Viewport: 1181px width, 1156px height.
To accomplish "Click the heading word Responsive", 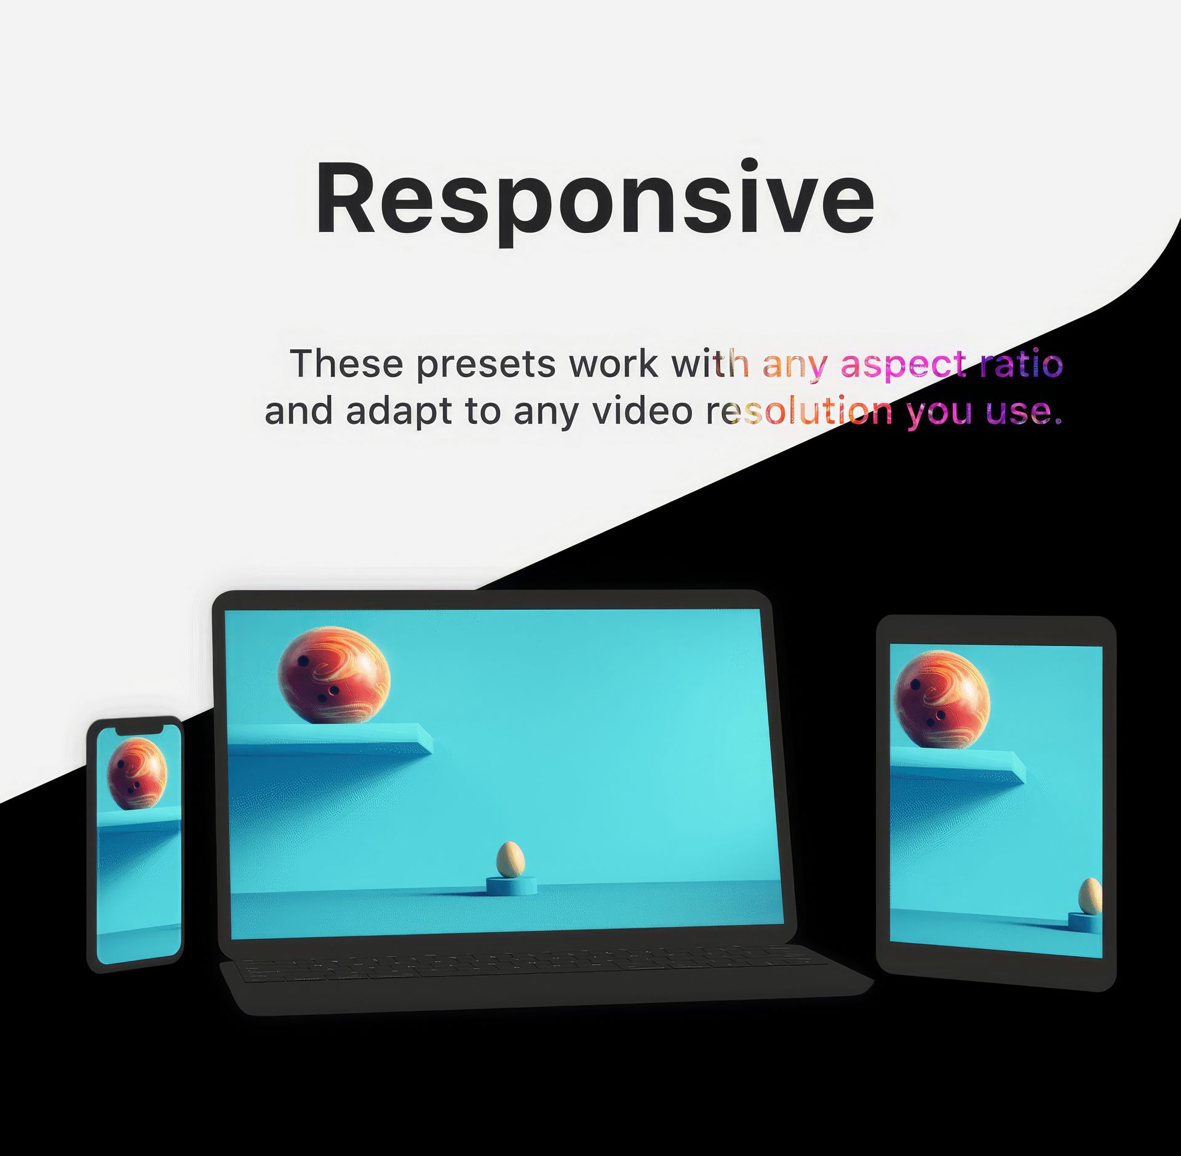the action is click(x=595, y=199).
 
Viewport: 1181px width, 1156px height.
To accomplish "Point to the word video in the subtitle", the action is click(x=642, y=410).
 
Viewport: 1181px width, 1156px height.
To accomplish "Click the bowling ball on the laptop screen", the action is click(x=334, y=675).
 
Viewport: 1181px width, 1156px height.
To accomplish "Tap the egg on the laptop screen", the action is click(x=510, y=859).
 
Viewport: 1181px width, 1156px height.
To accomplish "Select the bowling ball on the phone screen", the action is click(x=137, y=773).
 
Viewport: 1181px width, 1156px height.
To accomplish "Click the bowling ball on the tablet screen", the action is click(x=941, y=700).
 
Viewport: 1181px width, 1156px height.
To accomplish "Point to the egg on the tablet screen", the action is click(x=1091, y=896).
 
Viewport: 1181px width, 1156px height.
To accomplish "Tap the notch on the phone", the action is click(x=140, y=729).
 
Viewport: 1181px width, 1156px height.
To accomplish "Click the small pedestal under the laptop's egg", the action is click(x=511, y=885).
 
